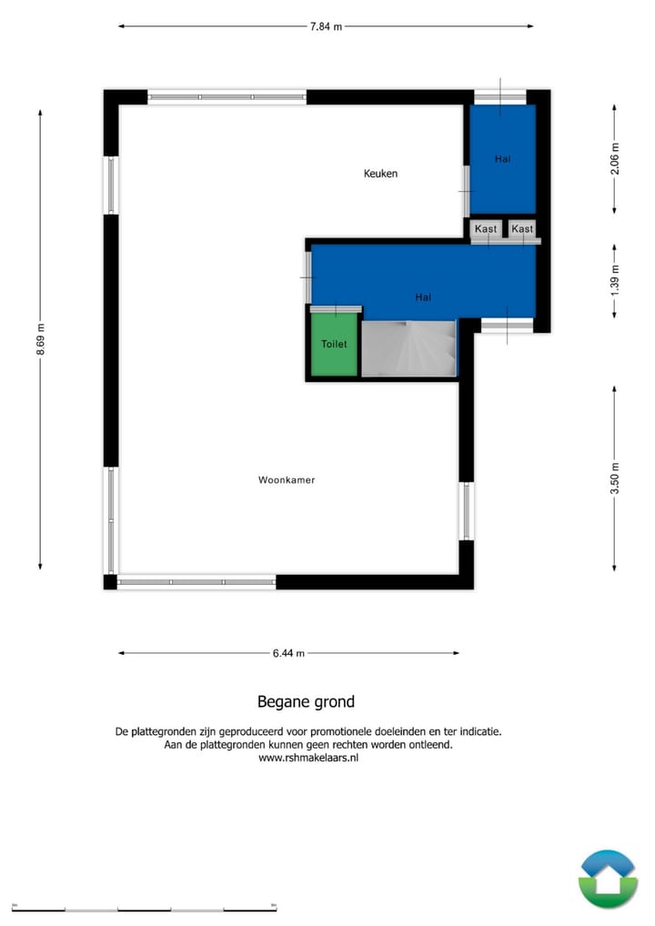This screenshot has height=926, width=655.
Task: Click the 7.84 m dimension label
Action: (326, 26)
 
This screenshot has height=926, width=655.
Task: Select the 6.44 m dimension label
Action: (288, 653)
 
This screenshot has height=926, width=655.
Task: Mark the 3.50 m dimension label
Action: (615, 478)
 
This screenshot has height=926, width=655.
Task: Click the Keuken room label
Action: (380, 174)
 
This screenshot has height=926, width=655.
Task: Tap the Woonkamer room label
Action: (287, 479)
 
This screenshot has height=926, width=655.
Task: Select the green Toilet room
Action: (334, 345)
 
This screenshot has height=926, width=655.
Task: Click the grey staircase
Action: (408, 348)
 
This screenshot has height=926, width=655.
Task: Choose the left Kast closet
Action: (486, 229)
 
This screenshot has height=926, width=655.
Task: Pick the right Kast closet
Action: (522, 229)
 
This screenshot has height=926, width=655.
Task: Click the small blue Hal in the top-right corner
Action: (502, 159)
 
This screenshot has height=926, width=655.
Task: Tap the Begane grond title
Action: (306, 701)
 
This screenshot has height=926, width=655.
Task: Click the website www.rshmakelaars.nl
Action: (308, 758)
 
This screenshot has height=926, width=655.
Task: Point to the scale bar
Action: (145, 908)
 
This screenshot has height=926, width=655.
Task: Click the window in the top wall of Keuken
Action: (227, 96)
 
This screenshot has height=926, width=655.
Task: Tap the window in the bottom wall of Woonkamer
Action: (196, 582)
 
